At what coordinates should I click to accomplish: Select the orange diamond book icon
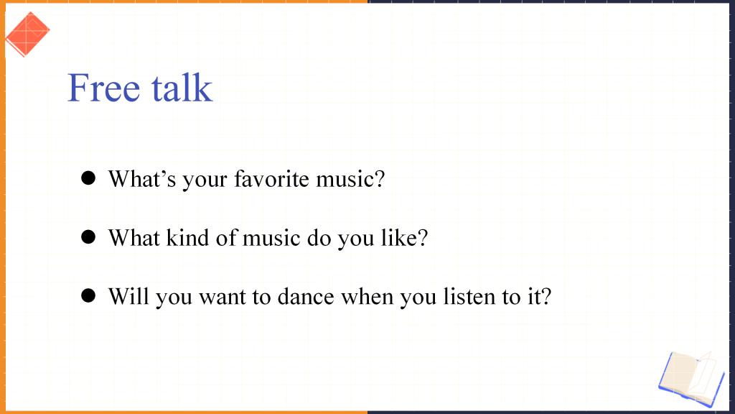pos(27,34)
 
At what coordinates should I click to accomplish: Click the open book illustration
pos(691,379)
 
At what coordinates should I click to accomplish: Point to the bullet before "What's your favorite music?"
pos(88,178)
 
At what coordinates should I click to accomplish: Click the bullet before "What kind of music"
pos(88,236)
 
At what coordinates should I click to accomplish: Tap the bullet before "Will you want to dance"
pos(88,295)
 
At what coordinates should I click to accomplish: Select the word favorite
pos(271,179)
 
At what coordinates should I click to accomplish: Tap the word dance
pos(306,297)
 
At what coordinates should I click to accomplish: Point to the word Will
pos(128,297)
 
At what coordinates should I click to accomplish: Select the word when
pos(367,297)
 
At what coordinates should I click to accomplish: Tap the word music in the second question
pos(271,237)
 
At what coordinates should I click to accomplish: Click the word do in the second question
pos(319,237)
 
